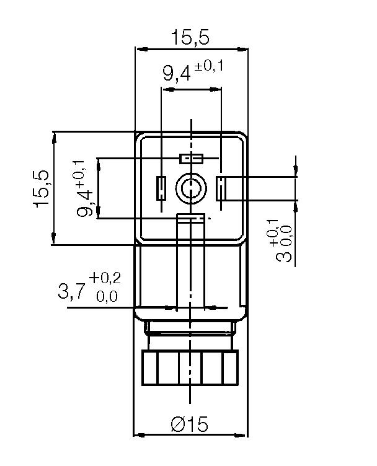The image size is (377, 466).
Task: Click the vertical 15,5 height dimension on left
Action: [x=43, y=188]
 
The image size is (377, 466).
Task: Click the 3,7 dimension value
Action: [x=73, y=291]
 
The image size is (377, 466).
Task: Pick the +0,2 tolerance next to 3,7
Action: [x=105, y=278]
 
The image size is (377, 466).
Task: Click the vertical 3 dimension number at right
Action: [x=286, y=254]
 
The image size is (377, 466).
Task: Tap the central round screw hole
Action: [x=190, y=188]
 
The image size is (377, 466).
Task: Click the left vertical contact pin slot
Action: [x=161, y=188]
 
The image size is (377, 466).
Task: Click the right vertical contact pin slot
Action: [x=220, y=188]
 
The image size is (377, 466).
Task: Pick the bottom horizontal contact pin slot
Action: [x=190, y=218]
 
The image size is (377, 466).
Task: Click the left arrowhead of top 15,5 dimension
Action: [x=140, y=49]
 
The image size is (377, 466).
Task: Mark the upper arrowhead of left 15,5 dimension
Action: [x=55, y=135]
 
